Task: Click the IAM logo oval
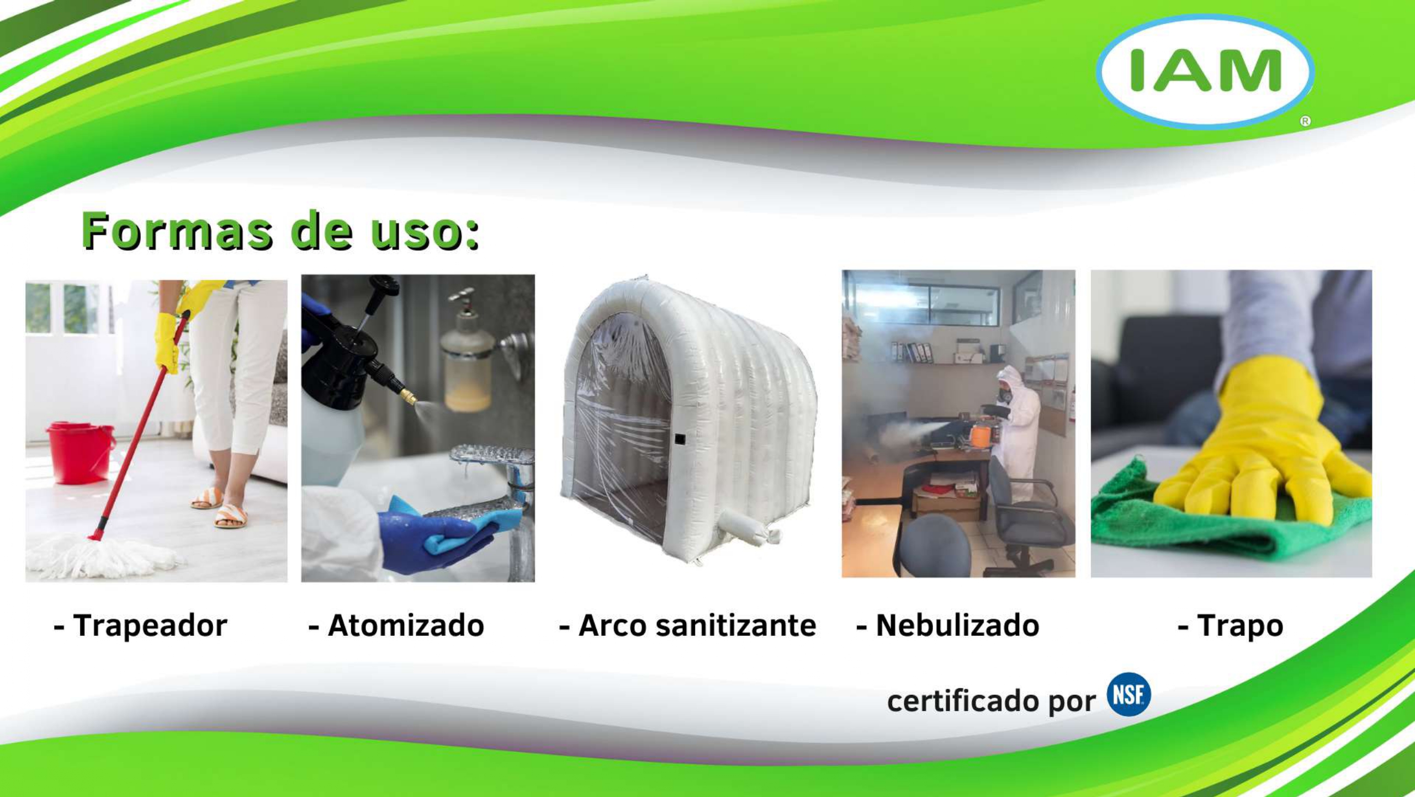click(1205, 72)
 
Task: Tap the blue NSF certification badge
click(1128, 694)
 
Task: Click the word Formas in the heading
click(177, 231)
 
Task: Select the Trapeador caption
click(141, 626)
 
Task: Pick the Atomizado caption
click(396, 626)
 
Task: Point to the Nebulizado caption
click(948, 626)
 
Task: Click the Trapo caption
click(1231, 626)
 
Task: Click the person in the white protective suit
click(1019, 425)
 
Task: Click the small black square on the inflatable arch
click(680, 439)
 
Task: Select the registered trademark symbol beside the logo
click(1305, 121)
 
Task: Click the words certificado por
click(991, 701)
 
